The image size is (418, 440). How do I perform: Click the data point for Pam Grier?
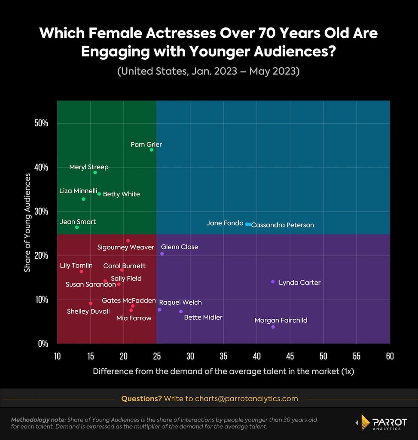click(152, 150)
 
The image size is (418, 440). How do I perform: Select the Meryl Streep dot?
click(95, 172)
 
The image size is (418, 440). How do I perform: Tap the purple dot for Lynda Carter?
click(273, 281)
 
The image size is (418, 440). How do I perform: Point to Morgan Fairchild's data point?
click(273, 327)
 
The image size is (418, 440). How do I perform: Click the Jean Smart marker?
click(77, 227)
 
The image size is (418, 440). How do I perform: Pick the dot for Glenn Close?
click(162, 254)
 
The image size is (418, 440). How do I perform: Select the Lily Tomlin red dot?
click(81, 272)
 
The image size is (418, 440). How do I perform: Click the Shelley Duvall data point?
click(91, 303)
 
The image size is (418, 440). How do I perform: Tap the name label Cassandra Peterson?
click(283, 225)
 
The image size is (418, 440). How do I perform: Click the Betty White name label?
click(122, 194)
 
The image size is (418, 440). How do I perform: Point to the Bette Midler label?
click(203, 318)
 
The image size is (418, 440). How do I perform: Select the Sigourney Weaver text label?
click(126, 247)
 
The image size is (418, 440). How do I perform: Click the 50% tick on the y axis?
click(41, 123)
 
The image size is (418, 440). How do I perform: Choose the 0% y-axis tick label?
click(43, 344)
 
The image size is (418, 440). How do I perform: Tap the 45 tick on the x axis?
click(290, 356)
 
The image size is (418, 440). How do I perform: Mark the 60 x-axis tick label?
click(390, 356)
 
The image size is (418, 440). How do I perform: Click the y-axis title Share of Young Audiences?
click(27, 223)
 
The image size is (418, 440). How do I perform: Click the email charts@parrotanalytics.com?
click(246, 399)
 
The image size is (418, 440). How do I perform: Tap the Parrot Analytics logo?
click(381, 423)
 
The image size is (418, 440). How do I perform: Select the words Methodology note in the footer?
click(38, 420)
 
